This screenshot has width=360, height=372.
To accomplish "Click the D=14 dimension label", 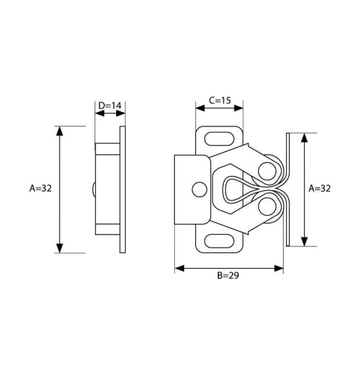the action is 110,105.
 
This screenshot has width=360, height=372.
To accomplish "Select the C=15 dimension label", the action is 220,100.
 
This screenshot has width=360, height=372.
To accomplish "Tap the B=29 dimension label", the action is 228,275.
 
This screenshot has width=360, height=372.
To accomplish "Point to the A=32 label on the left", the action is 41,188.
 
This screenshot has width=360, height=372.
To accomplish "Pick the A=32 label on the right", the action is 319,188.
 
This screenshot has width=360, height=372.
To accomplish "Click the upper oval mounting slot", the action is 219,139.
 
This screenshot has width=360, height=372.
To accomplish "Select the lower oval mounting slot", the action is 219,241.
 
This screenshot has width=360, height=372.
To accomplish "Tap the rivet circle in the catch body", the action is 200,190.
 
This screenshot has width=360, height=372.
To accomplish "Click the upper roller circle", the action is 267,171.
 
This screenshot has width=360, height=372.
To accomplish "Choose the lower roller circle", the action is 267,206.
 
